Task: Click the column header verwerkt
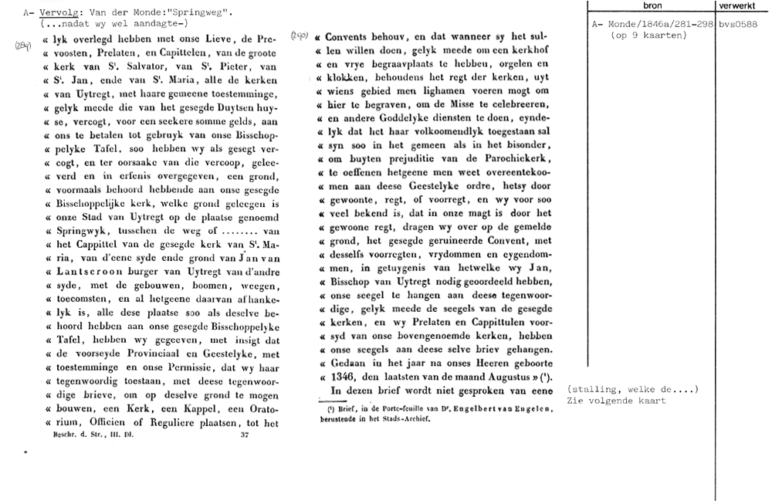click(743, 5)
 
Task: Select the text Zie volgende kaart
click(615, 401)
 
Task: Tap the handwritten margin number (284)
click(22, 46)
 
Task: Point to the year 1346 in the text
click(344, 377)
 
